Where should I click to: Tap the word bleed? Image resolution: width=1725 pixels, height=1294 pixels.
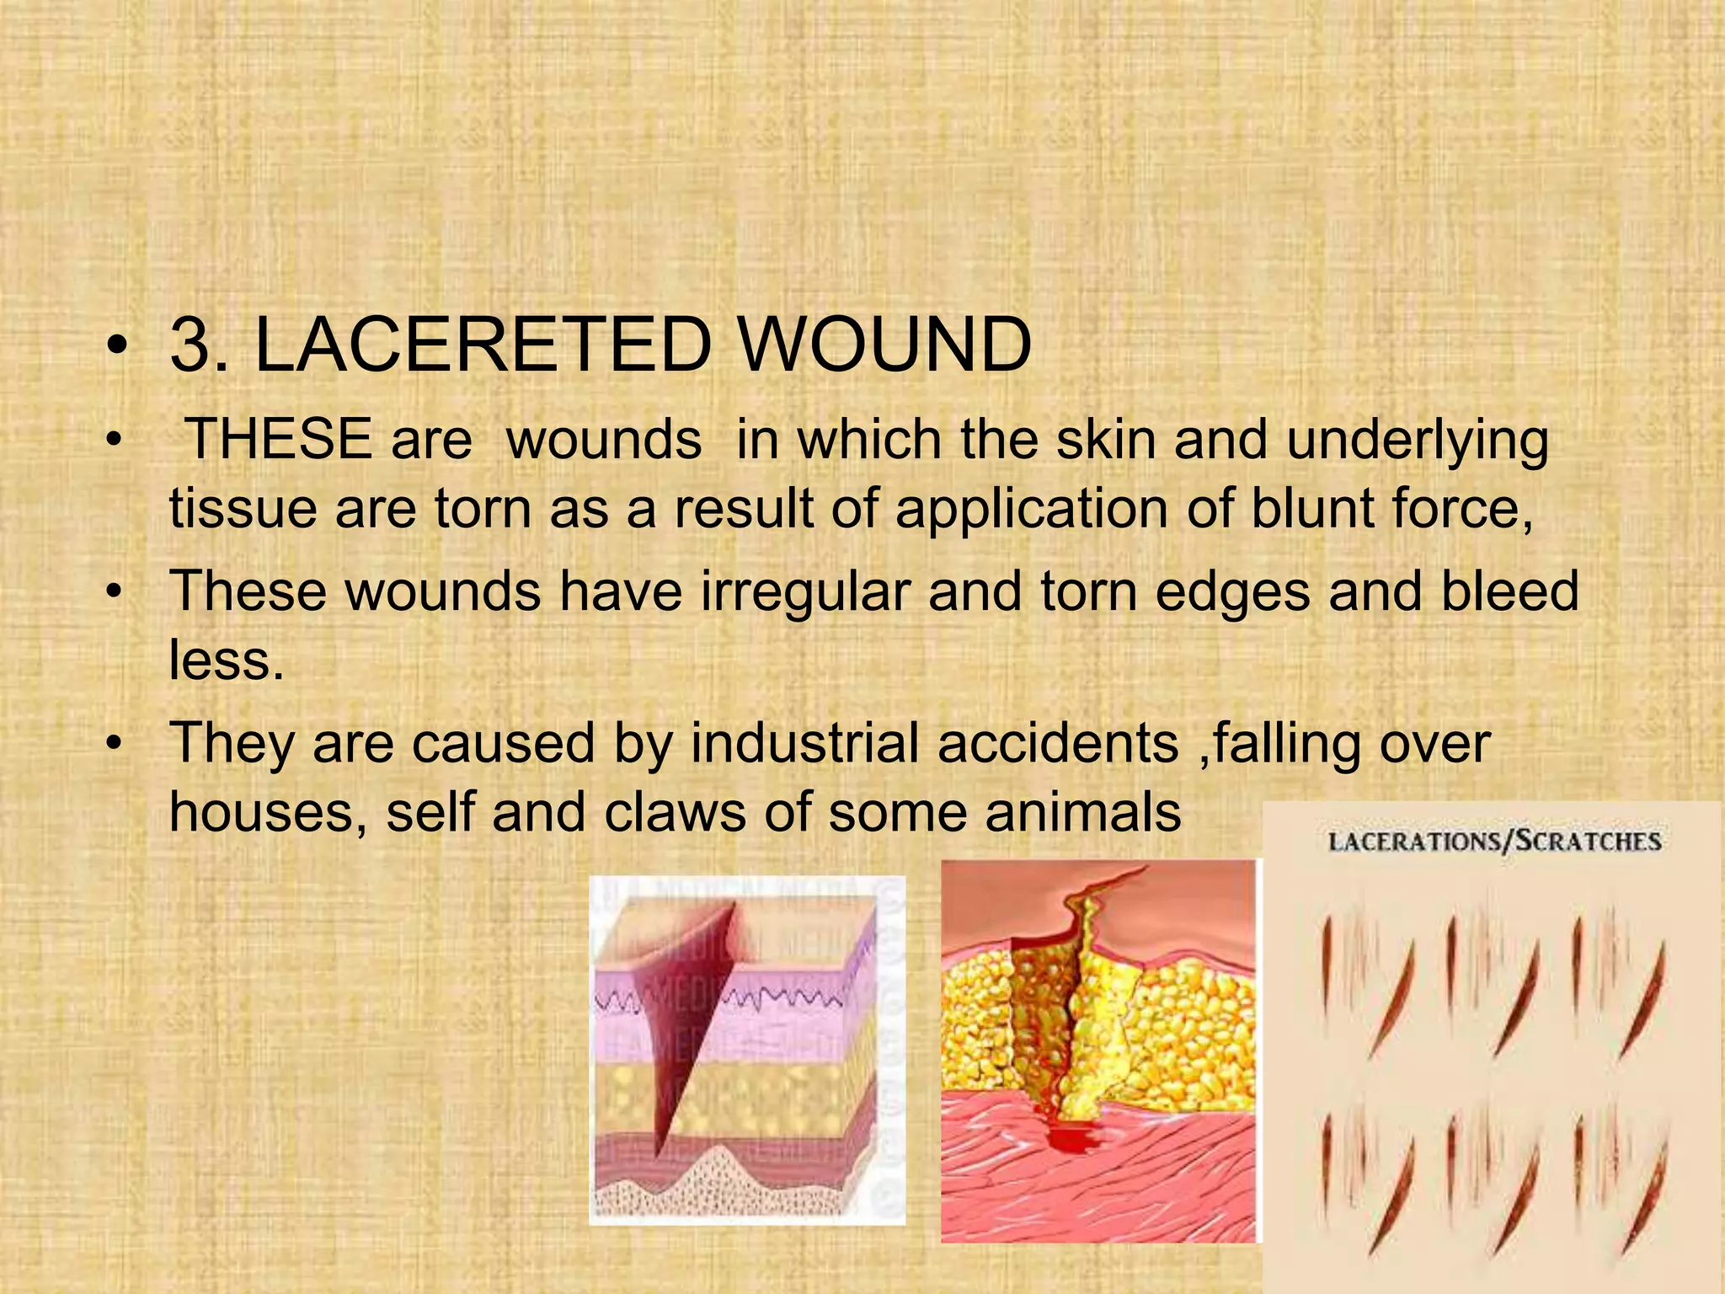pos(1510,591)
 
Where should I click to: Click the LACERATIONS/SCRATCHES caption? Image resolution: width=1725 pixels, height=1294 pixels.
pos(1494,842)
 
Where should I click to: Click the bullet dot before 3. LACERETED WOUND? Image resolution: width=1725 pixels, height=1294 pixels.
pos(118,346)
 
